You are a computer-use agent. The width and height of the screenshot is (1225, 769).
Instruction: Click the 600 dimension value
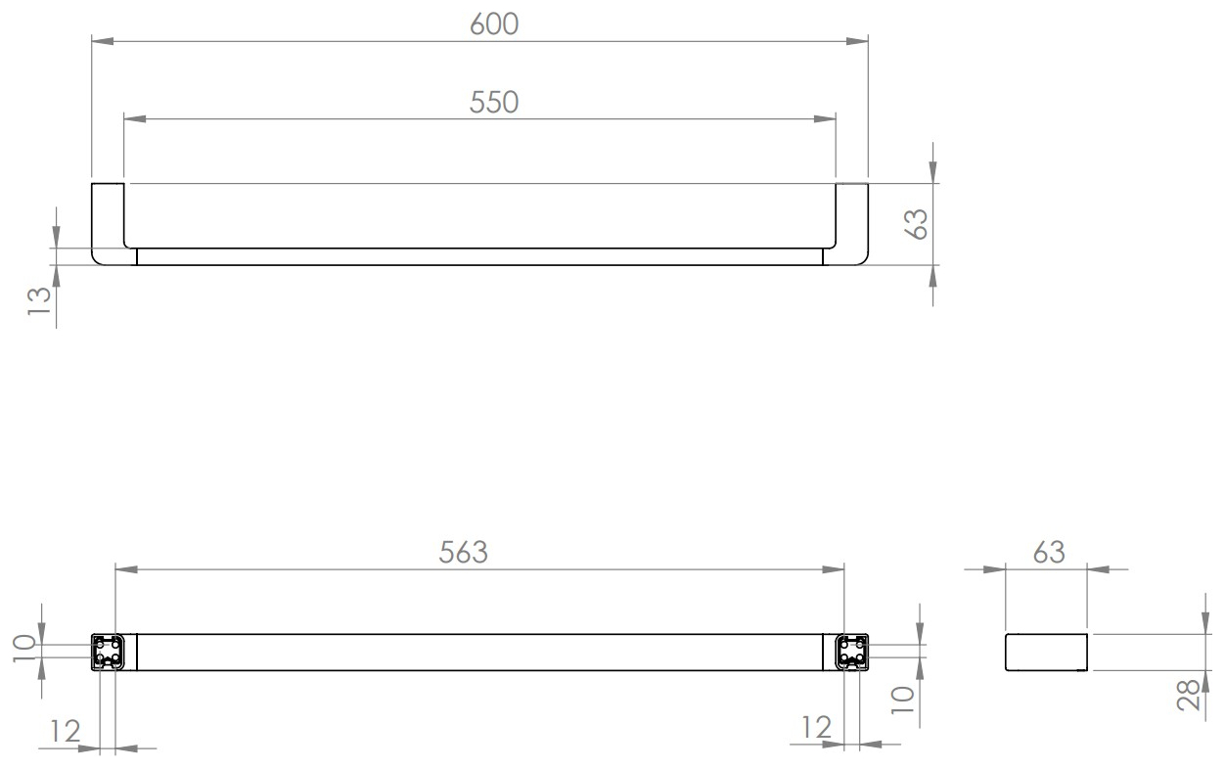[494, 24]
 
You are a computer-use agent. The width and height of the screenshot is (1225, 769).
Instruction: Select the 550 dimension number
[494, 103]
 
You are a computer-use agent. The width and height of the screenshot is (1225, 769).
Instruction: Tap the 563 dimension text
[463, 553]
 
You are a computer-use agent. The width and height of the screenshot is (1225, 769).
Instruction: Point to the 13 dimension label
[39, 300]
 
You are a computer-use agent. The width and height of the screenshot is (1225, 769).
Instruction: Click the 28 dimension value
[1188, 696]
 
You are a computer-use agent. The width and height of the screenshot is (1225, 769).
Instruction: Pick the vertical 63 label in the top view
[917, 224]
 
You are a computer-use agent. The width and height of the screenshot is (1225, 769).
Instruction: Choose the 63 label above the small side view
[1049, 553]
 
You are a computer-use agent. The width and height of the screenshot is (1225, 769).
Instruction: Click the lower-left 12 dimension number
[66, 731]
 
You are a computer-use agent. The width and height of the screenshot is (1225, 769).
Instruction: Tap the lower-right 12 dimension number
[816, 728]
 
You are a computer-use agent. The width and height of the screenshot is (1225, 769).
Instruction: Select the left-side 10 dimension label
[24, 649]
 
